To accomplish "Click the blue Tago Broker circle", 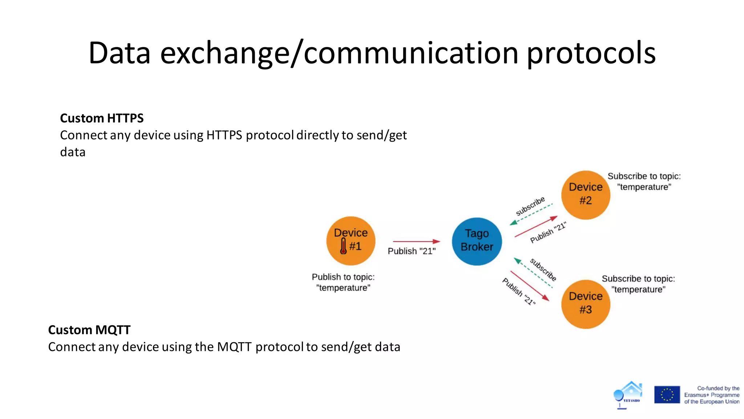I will coord(477,241).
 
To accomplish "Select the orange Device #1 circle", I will coord(351,240).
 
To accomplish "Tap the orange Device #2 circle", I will coord(585,195).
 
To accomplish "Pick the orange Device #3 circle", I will coord(585,304).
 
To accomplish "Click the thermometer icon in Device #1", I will coord(343,246).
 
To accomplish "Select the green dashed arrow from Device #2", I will coord(531,215).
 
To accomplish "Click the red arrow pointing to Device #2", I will coord(536,226).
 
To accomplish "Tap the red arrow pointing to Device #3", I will coord(530,286).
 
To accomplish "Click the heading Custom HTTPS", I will coord(102,118).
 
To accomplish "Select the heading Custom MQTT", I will coord(89,330).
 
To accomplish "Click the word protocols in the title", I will coord(591,53).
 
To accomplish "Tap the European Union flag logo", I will coord(667,395).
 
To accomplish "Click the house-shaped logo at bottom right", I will coord(629,394).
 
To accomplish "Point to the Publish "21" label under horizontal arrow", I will coord(412,251).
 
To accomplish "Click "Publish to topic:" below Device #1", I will coord(343,277).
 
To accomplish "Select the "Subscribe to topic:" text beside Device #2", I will coord(644,176).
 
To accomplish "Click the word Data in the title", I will coord(120,53).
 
